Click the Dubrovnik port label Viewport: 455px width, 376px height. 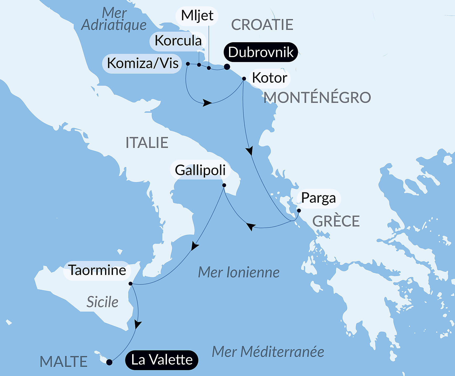[x=260, y=52]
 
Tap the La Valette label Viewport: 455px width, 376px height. [x=161, y=360]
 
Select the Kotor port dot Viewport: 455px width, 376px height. [x=244, y=79]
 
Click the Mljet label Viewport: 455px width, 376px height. [x=197, y=16]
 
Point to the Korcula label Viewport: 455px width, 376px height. [x=178, y=41]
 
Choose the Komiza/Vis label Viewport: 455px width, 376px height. [x=142, y=63]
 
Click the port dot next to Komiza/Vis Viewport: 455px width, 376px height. [x=188, y=64]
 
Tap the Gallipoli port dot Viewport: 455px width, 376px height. [x=224, y=185]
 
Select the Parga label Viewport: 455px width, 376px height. [x=318, y=198]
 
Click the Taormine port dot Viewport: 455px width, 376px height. [x=130, y=284]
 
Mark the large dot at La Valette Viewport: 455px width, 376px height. [x=109, y=362]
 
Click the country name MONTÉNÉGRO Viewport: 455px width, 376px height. [x=317, y=97]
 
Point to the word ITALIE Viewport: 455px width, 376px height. [x=147, y=142]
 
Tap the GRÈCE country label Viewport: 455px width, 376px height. [x=336, y=221]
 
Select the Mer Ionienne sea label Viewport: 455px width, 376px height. [x=239, y=272]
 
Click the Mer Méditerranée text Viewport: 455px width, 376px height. [x=268, y=352]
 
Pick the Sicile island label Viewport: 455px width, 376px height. [x=102, y=302]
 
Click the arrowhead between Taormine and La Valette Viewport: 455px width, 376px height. [x=137, y=324]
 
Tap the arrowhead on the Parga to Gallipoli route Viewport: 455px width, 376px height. [x=251, y=226]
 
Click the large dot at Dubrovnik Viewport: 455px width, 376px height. [x=227, y=67]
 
